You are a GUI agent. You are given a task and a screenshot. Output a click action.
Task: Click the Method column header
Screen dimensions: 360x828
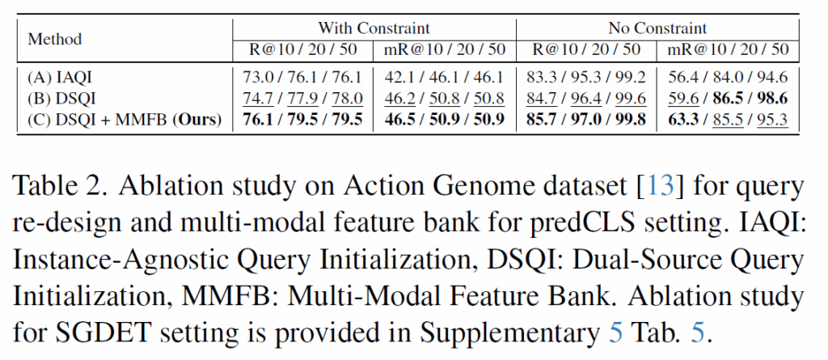(x=55, y=39)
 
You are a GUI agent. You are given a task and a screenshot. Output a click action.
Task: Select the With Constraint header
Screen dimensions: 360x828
(x=373, y=28)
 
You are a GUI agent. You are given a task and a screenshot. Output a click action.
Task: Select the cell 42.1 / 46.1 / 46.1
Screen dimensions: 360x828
(x=444, y=78)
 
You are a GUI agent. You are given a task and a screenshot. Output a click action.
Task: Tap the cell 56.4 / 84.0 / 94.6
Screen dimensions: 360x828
(x=728, y=78)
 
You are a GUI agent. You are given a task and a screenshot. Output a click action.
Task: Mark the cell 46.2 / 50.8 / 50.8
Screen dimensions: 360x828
(x=444, y=100)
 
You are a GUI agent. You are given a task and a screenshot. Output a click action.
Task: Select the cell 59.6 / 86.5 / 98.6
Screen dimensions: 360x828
(x=728, y=100)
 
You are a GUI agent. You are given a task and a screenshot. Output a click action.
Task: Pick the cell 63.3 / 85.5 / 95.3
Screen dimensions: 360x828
(x=728, y=121)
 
